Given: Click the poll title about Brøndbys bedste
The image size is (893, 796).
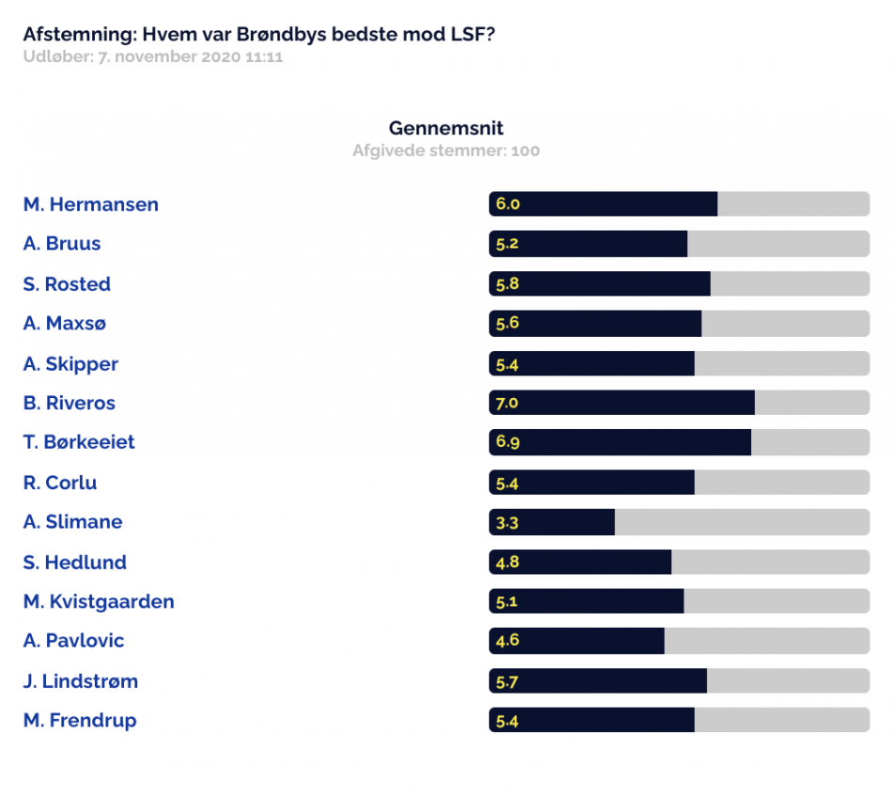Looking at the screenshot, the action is (259, 34).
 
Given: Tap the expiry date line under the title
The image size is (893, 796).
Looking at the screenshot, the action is (152, 57).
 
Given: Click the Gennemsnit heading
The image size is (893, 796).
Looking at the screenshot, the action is (446, 128).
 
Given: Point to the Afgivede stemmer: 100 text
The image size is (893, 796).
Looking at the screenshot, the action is (446, 151).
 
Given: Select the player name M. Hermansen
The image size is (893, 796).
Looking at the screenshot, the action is (90, 204).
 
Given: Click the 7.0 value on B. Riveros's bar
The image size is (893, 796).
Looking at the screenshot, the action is (507, 403).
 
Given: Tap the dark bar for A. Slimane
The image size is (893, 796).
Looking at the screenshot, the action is (552, 522).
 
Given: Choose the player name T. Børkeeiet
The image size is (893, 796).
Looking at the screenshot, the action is (79, 442).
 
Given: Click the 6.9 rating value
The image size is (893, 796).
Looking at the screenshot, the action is (508, 442).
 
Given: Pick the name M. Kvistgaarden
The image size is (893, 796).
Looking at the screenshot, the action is (99, 601).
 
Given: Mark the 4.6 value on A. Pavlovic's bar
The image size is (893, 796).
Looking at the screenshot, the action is (507, 641).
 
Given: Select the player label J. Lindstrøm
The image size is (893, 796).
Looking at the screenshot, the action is (80, 681).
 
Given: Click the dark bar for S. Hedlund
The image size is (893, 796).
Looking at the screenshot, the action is (580, 563).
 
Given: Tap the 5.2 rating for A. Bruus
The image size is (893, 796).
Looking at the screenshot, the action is (507, 244).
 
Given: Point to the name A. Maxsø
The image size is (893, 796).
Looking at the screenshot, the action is (64, 324).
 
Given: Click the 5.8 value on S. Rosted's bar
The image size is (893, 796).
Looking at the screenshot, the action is (508, 284).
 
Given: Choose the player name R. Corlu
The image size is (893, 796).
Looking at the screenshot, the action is (60, 483).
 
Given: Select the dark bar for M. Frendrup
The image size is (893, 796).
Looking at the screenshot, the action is (591, 720).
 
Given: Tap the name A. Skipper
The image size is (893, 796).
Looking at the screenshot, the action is (70, 364).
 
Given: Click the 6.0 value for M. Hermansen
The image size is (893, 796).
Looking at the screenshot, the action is (508, 203).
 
